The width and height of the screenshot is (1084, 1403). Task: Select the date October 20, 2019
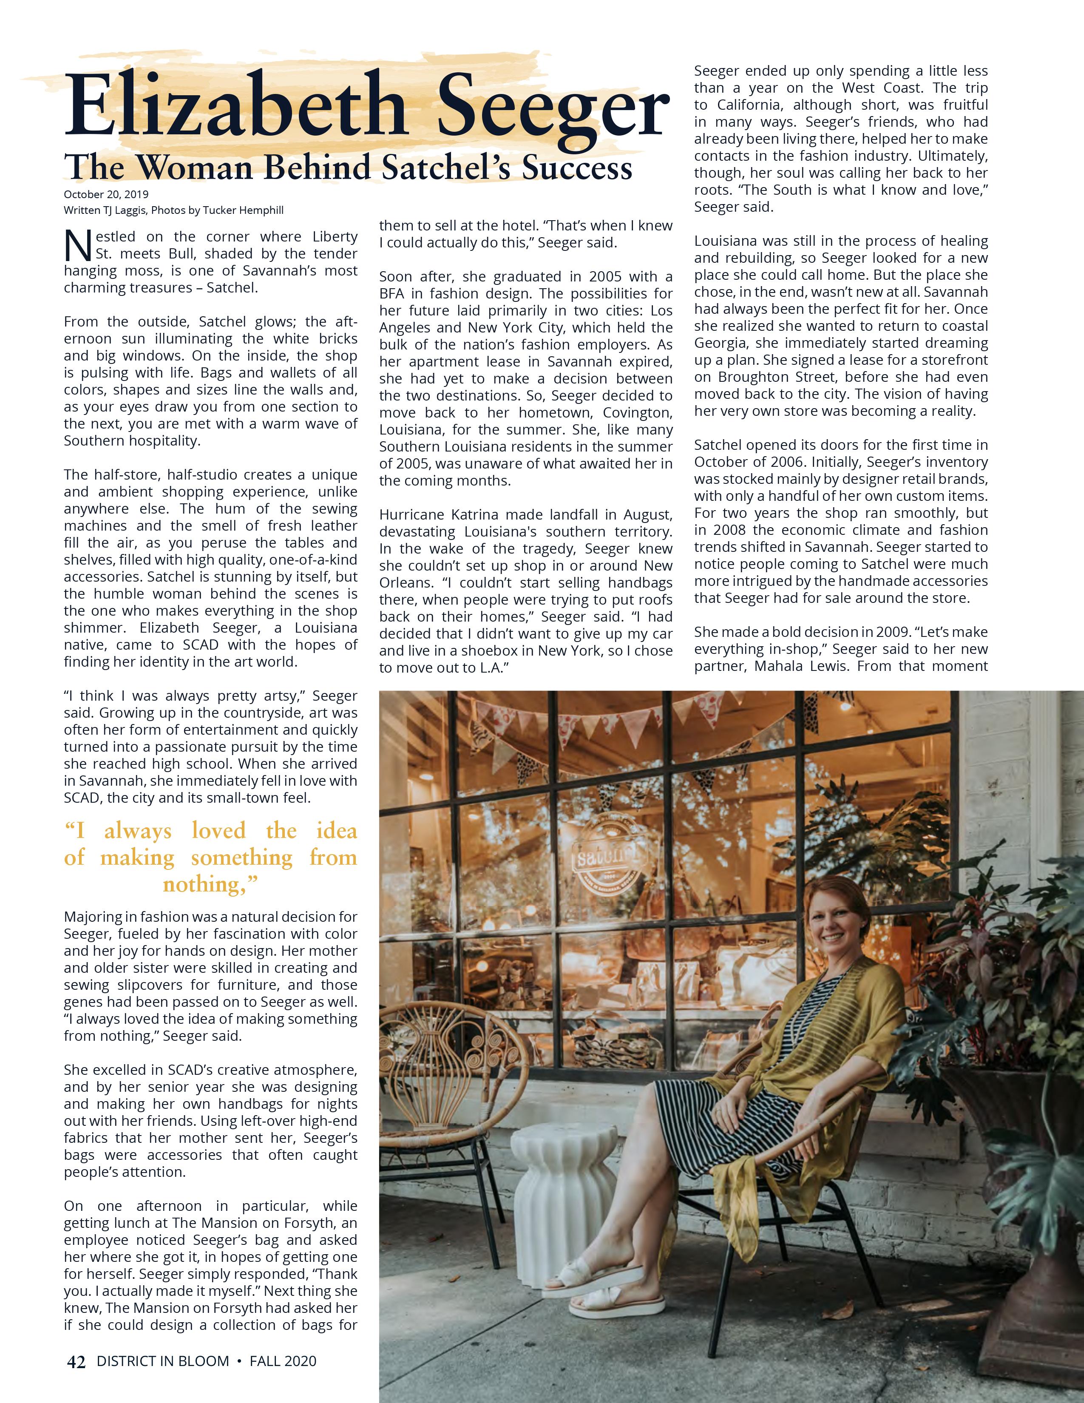(x=106, y=194)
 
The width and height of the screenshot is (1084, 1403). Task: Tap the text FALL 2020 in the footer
(x=283, y=1360)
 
